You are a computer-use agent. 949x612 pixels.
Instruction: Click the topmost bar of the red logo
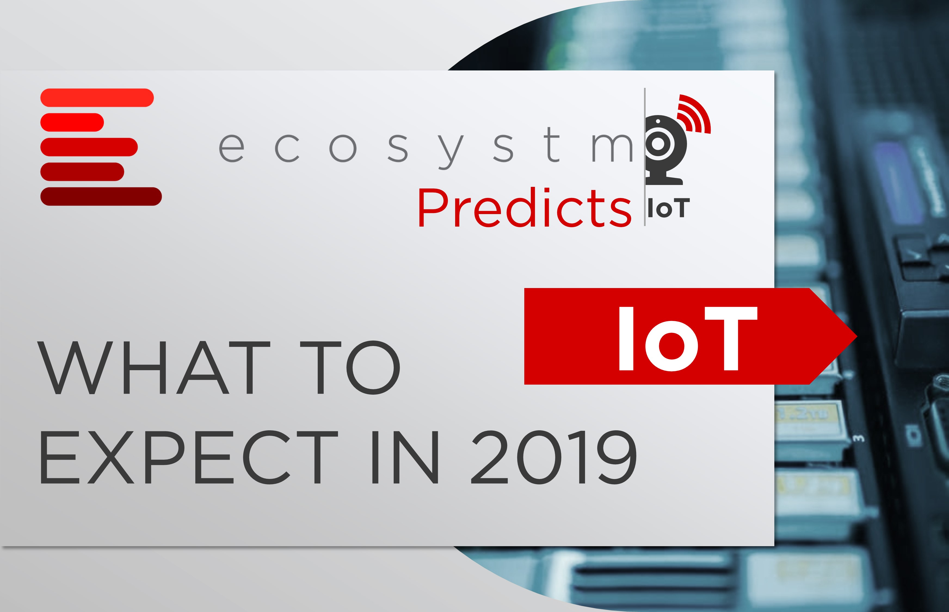[97, 98]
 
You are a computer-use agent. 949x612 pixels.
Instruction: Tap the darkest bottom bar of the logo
[101, 196]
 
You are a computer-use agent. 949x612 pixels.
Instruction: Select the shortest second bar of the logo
[72, 122]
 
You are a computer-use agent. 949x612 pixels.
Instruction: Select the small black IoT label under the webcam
[668, 209]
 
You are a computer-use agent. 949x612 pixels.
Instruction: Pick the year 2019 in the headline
[554, 458]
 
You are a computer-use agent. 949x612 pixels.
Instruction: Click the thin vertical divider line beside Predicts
[645, 157]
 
